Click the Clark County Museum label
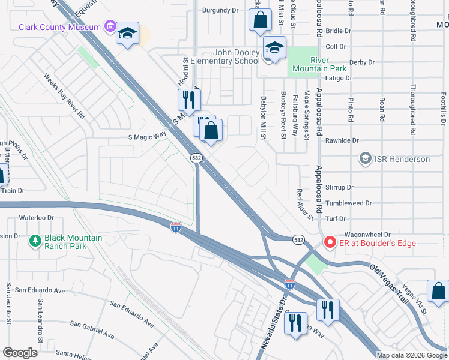tap(59, 27)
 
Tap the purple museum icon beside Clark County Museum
tap(110, 26)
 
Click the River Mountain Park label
tap(328, 64)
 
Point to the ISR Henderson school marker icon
tap(365, 159)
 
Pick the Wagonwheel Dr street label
tap(367, 235)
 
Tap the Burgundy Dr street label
tap(220, 10)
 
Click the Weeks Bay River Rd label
tap(64, 96)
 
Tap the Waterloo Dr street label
tap(37, 218)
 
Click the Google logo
tap(20, 353)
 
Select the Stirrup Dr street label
tap(339, 187)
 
